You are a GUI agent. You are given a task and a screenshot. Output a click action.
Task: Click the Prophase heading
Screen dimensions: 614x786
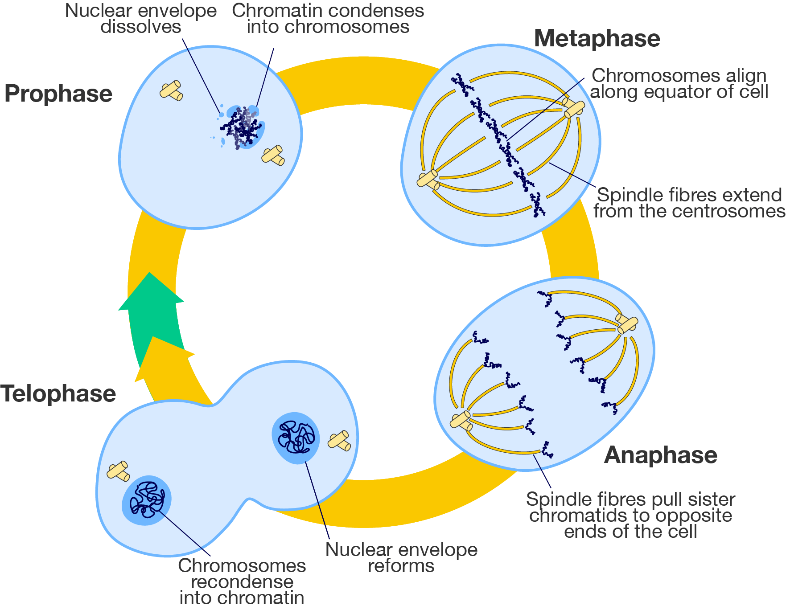coord(58,94)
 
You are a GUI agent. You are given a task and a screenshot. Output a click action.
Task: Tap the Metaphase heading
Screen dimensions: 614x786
coord(597,39)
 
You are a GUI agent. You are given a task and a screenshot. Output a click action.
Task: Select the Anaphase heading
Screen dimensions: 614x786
coord(660,455)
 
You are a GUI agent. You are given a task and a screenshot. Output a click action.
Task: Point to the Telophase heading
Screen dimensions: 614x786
coord(58,394)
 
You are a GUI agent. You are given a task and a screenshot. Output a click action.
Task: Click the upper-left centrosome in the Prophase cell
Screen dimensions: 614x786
coord(171,90)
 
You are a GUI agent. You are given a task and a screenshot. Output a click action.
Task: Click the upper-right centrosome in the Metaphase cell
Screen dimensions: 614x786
coord(573,108)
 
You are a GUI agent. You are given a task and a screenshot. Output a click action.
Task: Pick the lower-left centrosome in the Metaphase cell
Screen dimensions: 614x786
coord(428,179)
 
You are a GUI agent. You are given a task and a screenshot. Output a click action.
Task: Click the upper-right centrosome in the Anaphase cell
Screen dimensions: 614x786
coord(626,324)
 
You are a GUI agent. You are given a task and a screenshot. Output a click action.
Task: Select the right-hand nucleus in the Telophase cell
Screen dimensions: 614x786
coord(296,438)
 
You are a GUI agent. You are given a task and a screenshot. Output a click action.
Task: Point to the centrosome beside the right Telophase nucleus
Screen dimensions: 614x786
coord(339,440)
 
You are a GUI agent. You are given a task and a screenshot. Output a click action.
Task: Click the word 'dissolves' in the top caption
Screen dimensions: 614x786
coord(141,27)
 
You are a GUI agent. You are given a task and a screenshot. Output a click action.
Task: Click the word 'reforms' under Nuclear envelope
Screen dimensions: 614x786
coord(401,566)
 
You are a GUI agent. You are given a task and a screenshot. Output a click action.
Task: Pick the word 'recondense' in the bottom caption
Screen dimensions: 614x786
coord(242,582)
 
